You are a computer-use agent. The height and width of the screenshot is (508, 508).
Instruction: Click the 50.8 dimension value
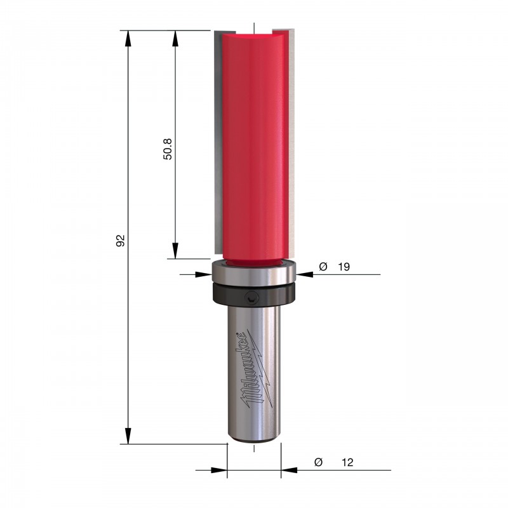click(168, 149)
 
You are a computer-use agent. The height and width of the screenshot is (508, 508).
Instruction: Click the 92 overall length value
click(121, 240)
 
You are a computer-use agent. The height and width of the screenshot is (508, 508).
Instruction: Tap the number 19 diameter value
click(344, 267)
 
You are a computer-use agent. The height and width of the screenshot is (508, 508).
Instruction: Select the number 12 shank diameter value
click(347, 462)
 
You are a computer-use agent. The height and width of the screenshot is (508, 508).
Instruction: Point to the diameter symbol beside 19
click(323, 267)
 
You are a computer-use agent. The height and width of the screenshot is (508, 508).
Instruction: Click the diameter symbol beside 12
click(319, 462)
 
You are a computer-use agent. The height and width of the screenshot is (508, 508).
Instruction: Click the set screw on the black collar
click(251, 297)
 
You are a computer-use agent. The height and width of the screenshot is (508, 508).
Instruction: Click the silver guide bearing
click(253, 272)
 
